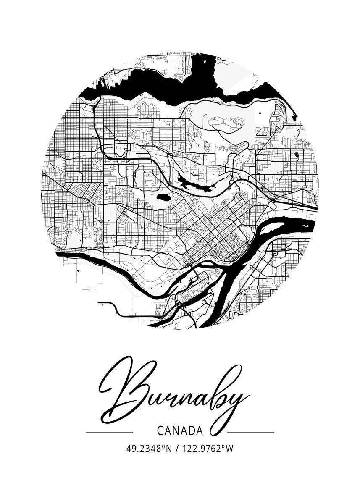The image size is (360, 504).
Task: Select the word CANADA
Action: (180, 431)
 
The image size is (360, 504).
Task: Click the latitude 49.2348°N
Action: (149, 449)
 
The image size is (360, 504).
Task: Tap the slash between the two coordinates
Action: (176, 449)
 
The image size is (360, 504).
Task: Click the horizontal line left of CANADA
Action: (109, 432)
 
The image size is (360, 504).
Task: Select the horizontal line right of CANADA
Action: (251, 432)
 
